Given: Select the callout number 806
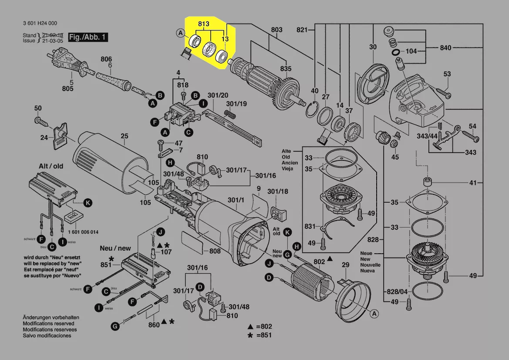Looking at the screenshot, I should (106, 59).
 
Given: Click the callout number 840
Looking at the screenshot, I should (445, 48).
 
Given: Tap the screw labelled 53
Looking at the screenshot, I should (441, 92).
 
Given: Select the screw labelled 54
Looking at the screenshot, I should (471, 136).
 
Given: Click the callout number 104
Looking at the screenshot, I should (411, 51).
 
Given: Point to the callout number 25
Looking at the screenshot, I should (125, 136).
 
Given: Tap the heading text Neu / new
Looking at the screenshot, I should (115, 248).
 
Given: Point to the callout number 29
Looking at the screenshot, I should (345, 265).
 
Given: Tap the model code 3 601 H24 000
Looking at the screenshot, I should (40, 24).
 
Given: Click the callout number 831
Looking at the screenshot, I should (310, 226).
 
